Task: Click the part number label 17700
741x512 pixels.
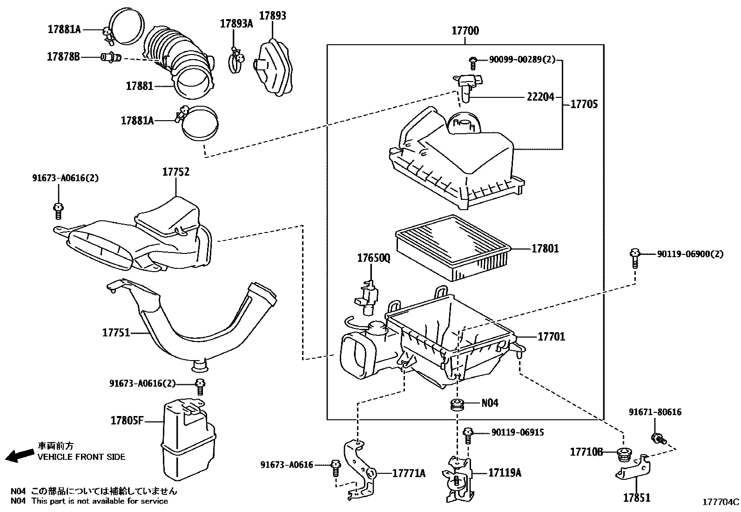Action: click(465, 31)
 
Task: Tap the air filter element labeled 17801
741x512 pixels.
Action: click(453, 248)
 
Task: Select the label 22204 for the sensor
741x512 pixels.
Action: click(540, 97)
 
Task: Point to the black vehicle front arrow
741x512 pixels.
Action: click(20, 455)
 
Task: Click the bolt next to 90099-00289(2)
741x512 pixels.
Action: click(473, 63)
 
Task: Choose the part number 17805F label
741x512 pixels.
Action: click(128, 421)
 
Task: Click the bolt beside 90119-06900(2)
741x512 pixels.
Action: click(635, 258)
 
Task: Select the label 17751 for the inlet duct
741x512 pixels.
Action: click(116, 333)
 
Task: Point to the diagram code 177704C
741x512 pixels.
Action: click(720, 502)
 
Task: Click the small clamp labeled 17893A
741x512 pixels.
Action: click(236, 60)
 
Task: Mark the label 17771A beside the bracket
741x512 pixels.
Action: click(409, 473)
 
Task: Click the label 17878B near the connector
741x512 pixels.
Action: click(63, 57)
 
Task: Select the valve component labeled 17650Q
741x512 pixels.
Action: click(368, 297)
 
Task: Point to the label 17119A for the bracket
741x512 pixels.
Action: click(505, 473)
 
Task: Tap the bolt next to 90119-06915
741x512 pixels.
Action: click(468, 436)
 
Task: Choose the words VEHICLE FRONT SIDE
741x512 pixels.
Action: click(81, 457)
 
